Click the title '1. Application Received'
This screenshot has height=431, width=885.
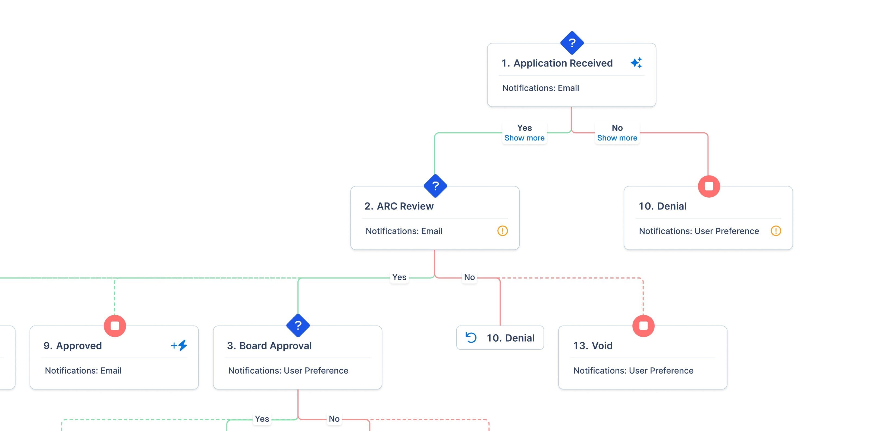557,63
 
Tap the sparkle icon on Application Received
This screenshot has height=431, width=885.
636,63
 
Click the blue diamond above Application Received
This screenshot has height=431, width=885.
572,43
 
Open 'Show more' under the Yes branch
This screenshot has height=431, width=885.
524,138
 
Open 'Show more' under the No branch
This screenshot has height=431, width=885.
617,138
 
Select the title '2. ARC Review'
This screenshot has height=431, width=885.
399,206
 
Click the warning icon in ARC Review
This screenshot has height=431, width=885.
502,231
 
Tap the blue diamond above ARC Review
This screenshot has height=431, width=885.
435,186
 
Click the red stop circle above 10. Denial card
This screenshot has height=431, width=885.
709,186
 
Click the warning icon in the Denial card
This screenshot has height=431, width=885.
776,231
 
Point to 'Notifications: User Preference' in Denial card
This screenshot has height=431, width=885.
699,231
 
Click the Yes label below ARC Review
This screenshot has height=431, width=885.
399,277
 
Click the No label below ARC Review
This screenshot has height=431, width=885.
469,277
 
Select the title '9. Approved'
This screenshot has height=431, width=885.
73,346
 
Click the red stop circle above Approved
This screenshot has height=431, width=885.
115,326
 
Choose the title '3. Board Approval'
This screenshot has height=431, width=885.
269,346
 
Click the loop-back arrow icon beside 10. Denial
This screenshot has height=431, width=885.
471,338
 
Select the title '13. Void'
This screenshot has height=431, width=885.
593,346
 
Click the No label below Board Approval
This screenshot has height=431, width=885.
334,418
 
